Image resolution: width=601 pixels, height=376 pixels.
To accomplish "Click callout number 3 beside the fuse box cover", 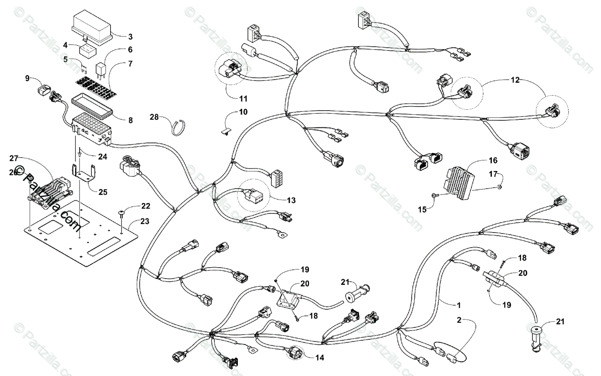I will (x=130, y=36).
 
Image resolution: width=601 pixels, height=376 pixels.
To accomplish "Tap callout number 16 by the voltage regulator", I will (x=493, y=161).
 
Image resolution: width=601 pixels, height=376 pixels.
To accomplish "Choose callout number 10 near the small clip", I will (x=243, y=112).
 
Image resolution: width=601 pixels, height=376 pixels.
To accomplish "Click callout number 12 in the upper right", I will (x=515, y=80).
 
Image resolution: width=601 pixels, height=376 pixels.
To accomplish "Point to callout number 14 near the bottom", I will (x=320, y=357).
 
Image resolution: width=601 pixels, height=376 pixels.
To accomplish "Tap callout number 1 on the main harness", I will (x=459, y=304).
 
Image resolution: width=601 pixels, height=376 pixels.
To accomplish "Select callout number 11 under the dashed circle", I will (x=243, y=99).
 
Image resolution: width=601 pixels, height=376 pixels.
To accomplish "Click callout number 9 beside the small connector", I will (x=27, y=78).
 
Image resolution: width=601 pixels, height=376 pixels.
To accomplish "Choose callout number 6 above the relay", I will (x=130, y=50).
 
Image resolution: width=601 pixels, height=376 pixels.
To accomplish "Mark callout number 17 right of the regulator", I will (x=493, y=174).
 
